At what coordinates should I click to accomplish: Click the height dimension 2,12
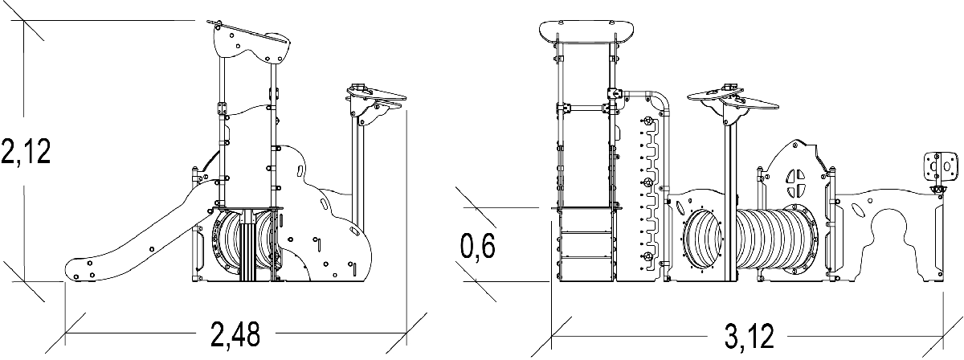26,150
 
